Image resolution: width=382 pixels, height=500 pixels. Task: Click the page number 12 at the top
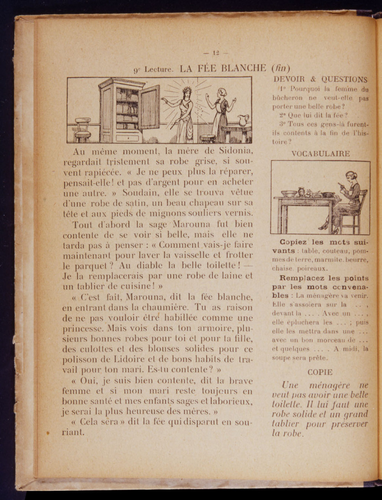pos(216,53)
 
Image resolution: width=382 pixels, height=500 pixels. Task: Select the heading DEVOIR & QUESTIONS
pos(320,79)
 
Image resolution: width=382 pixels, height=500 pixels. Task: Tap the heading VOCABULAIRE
pos(320,154)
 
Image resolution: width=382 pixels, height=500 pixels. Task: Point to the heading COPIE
pos(320,372)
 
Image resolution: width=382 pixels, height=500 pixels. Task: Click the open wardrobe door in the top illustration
pos(149,108)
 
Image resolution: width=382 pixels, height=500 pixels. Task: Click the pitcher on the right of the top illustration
pos(243,121)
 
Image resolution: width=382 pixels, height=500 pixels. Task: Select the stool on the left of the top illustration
pos(83,130)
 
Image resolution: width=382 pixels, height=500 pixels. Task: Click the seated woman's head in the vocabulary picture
pos(350,177)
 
